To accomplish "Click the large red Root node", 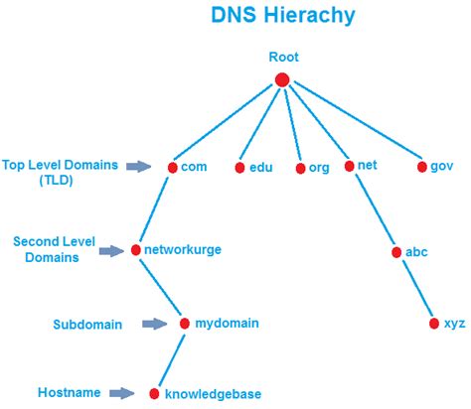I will [281, 79].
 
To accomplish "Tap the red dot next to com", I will [172, 168].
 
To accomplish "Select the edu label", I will [260, 168].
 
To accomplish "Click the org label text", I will [319, 168].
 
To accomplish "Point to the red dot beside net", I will [348, 167].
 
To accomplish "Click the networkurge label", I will [182, 250].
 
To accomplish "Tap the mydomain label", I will [227, 323].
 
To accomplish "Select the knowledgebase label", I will [213, 394].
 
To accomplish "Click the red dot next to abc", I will [395, 252].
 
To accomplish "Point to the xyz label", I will [453, 324].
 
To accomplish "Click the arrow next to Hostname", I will [122, 394].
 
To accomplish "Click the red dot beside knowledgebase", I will [154, 394].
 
